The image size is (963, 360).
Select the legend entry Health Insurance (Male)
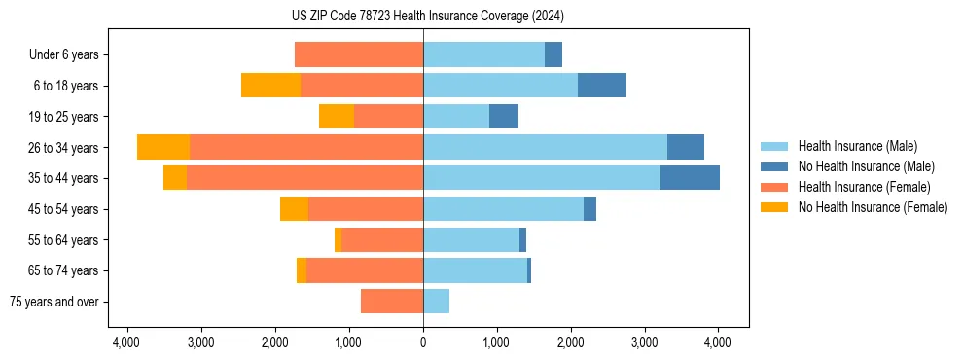[x=857, y=146]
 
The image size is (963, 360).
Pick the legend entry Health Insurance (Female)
[x=865, y=187]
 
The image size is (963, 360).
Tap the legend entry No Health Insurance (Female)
[x=873, y=207]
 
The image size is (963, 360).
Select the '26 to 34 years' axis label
[x=63, y=148]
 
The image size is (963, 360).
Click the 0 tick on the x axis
[x=423, y=342]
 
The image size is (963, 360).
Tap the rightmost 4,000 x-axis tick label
[x=718, y=342]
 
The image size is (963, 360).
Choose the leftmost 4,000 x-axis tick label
[x=127, y=342]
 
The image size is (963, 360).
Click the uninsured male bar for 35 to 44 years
[x=690, y=178]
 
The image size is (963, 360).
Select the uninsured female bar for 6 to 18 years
[x=270, y=86]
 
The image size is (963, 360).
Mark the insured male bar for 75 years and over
[x=436, y=302]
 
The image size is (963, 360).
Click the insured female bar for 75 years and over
[x=392, y=302]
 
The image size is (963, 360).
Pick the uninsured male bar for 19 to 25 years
[x=504, y=117]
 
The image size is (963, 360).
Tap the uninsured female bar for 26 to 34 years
[x=163, y=147]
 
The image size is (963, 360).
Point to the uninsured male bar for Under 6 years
[x=553, y=54]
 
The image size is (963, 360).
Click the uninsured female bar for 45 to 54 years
[x=294, y=209]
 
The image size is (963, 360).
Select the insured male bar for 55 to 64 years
[x=471, y=239]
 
